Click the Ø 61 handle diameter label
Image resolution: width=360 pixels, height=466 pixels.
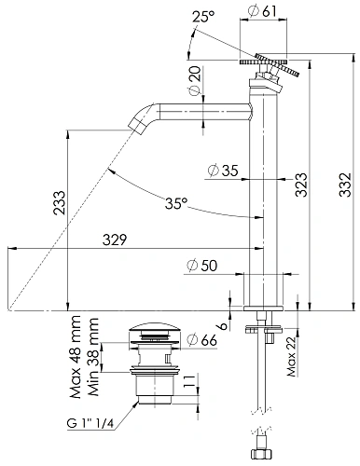pyautogui.click(x=262, y=11)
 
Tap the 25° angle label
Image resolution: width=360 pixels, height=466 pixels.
pyautogui.click(x=203, y=17)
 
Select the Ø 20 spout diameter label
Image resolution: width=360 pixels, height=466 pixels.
pyautogui.click(x=195, y=81)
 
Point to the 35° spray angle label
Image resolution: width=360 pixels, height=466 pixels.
pyautogui.click(x=176, y=203)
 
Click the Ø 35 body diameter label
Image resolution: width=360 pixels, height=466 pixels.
pyautogui.click(x=223, y=171)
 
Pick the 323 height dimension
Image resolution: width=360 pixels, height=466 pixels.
pyautogui.click(x=301, y=185)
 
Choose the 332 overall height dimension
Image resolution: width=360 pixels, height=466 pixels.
pyautogui.click(x=345, y=185)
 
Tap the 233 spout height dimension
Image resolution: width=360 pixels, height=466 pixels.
pyautogui.click(x=59, y=203)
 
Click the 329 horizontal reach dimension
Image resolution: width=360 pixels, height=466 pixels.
pyautogui.click(x=115, y=240)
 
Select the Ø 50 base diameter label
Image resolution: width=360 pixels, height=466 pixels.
pyautogui.click(x=201, y=266)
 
